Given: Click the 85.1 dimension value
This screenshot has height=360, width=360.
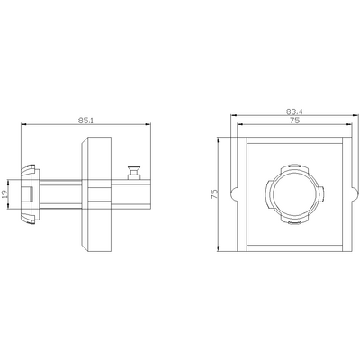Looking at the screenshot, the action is [85, 121].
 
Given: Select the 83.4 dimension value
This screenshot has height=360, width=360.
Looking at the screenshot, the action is [294, 112].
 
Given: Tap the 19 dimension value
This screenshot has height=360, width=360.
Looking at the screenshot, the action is [4, 194].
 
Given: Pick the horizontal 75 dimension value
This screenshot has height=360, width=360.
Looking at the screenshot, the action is [294, 121].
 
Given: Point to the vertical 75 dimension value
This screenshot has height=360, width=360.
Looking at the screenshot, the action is [214, 194].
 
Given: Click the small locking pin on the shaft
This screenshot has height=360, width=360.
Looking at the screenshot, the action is [133, 173].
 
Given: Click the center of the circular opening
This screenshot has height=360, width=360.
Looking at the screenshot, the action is [294, 194].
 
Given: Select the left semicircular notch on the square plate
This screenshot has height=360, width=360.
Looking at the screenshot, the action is [234, 194].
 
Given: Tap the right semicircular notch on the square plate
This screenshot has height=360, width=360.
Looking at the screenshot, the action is [355, 194].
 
